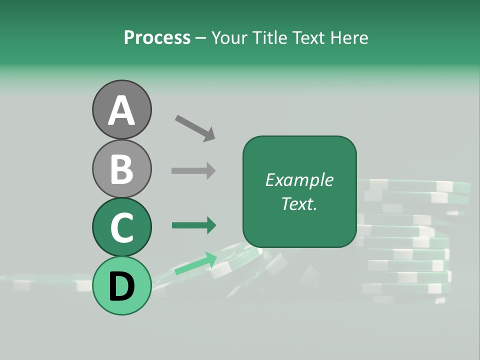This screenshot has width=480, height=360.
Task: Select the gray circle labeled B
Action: coord(121,168)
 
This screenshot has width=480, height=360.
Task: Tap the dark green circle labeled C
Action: coord(121,227)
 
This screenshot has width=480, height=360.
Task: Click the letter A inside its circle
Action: coord(121,110)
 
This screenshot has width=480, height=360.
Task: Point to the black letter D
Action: coord(121,286)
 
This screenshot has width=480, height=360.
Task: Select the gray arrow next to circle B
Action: coord(193,170)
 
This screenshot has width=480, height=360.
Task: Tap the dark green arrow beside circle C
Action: coord(194,225)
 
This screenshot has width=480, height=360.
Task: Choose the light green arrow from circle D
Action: coord(196,263)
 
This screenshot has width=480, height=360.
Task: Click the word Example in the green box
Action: coord(299,180)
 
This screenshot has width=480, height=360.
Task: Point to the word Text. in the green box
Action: coord(299,203)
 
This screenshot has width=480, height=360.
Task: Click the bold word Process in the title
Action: coord(157,37)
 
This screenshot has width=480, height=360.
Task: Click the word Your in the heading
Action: coord(229,37)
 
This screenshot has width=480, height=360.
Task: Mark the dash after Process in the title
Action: coord(201,38)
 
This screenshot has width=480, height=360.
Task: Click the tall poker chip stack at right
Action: coord(410,240)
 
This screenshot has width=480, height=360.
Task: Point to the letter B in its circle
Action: coord(121,169)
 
